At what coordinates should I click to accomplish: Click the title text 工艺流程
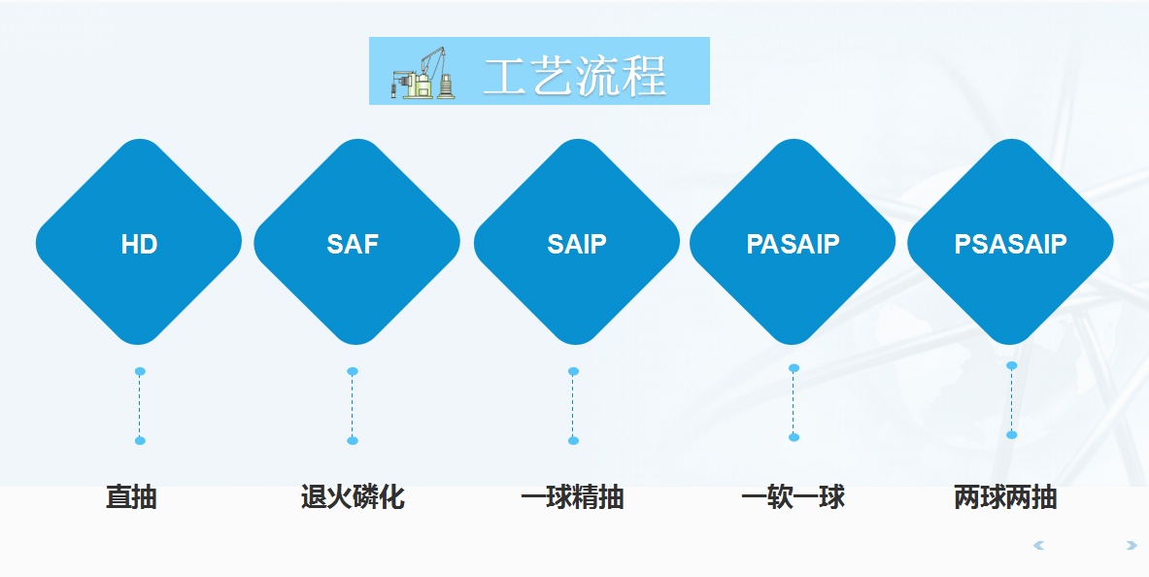574,76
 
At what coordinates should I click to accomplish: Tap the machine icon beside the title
423,73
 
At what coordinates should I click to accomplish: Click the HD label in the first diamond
139,244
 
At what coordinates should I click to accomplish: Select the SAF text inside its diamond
353,244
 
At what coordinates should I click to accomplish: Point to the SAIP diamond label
576,244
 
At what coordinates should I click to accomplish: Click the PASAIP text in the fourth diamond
793,244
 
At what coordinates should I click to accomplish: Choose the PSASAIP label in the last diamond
1010,244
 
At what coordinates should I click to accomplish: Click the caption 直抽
131,498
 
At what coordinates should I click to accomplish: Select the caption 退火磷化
353,498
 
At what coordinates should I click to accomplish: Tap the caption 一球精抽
572,498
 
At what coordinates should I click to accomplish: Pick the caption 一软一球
793,498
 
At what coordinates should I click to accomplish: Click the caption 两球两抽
1005,498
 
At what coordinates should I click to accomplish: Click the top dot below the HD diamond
140,371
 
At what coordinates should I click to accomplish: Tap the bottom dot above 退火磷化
353,441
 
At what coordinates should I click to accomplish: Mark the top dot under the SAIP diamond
573,371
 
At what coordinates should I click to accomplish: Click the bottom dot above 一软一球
794,437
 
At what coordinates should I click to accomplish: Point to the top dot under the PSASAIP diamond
1011,365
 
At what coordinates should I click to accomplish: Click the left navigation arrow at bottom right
1039,546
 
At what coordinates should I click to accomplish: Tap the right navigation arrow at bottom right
1131,546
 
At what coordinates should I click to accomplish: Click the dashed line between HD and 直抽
140,406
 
